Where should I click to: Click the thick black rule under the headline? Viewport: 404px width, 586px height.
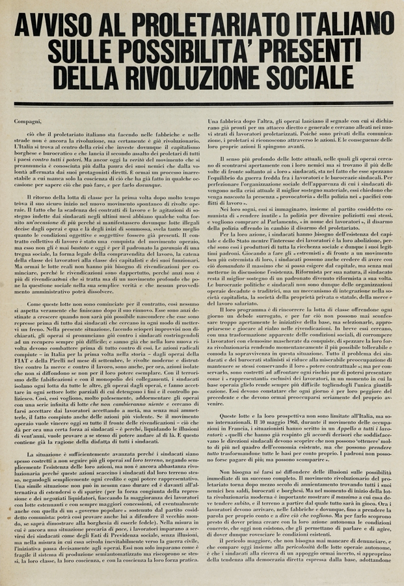(x=202, y=104)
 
